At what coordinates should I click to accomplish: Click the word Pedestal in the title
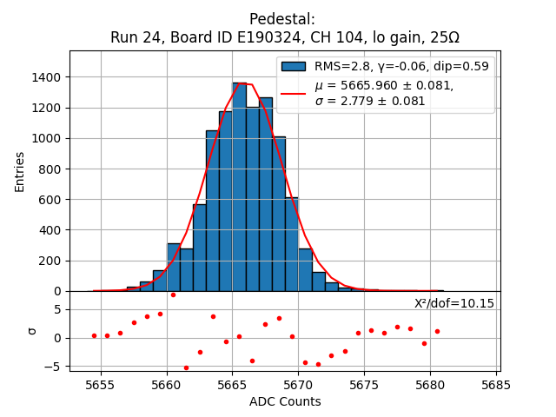[x=281, y=19]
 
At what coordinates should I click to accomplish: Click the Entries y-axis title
[x=20, y=171]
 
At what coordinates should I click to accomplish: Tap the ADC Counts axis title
[x=284, y=401]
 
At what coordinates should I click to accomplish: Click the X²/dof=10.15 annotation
[x=453, y=303]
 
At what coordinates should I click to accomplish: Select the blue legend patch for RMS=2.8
[x=294, y=66]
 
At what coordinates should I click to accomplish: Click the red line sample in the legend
[x=294, y=93]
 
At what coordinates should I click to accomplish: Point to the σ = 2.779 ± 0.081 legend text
[x=370, y=101]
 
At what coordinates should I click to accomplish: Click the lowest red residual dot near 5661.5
[x=186, y=367]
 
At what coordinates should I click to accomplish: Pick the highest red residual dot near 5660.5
[x=173, y=295]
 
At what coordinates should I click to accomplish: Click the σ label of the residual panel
[x=32, y=331]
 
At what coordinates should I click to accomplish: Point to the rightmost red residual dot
[x=437, y=331]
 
